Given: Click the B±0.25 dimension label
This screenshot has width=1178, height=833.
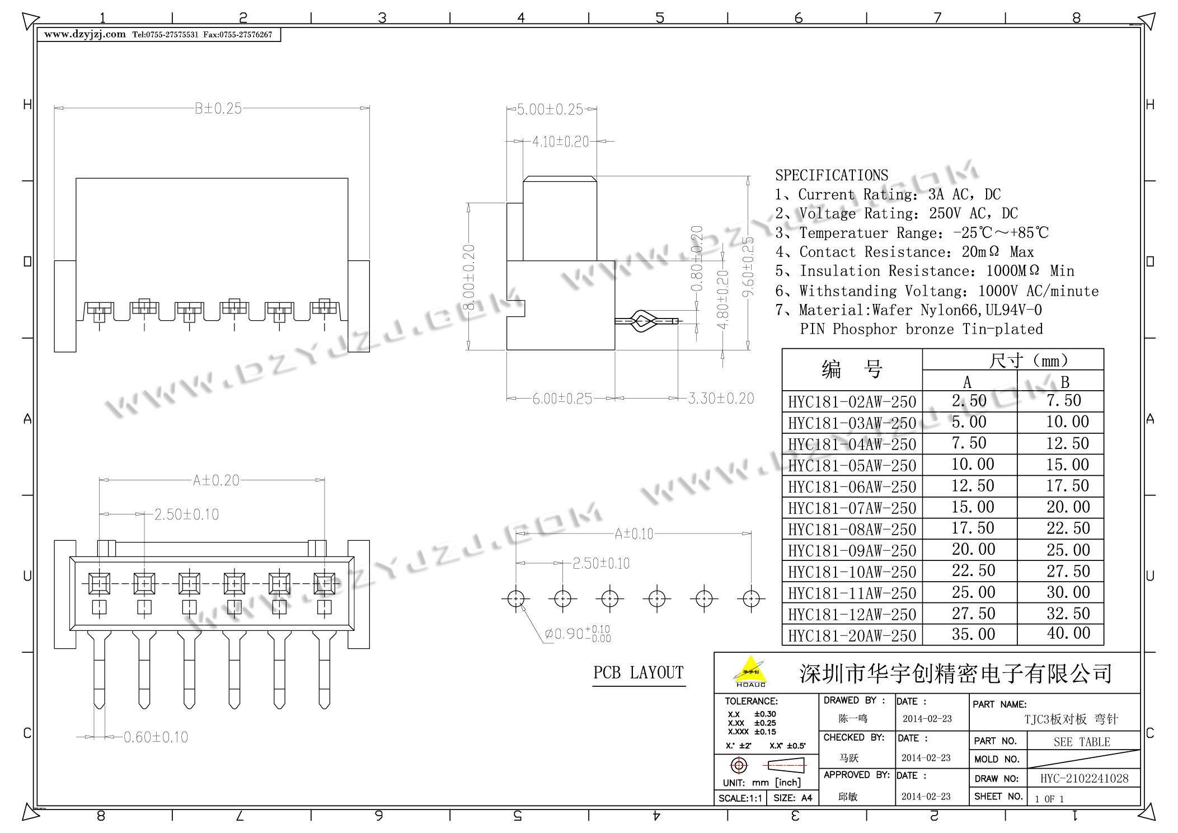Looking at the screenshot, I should tap(218, 109).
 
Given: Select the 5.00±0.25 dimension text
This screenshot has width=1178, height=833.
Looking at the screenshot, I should tap(550, 109).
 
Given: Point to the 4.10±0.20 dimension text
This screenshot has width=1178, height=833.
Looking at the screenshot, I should tap(560, 142).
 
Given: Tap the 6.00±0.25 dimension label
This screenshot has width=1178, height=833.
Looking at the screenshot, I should tap(562, 399).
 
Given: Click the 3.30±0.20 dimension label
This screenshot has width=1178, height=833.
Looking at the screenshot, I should tap(720, 399).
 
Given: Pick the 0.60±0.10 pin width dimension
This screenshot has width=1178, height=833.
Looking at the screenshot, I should tap(156, 737).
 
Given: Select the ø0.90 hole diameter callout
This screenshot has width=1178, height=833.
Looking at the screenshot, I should tap(577, 634).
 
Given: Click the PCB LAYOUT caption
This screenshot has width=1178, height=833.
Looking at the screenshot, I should tap(638, 672).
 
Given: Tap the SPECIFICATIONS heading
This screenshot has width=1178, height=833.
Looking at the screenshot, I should tap(831, 175).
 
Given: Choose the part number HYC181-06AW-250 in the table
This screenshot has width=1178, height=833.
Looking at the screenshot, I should tap(852, 487).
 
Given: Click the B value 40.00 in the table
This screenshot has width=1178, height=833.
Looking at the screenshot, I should tap(1068, 634).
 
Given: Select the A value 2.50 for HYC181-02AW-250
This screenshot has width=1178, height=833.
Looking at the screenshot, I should tap(969, 401).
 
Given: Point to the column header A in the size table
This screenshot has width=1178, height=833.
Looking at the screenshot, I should tap(967, 382).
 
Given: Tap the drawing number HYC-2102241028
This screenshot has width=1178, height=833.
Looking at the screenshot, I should tap(1083, 778).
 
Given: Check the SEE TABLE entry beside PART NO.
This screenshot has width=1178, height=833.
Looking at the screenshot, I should tap(1081, 742).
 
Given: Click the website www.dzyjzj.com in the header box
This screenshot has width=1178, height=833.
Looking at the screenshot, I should tap(85, 35).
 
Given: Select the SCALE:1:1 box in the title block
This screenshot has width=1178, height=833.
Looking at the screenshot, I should tap(740, 798).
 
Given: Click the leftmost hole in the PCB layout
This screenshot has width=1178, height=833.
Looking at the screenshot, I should tap(515, 599).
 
